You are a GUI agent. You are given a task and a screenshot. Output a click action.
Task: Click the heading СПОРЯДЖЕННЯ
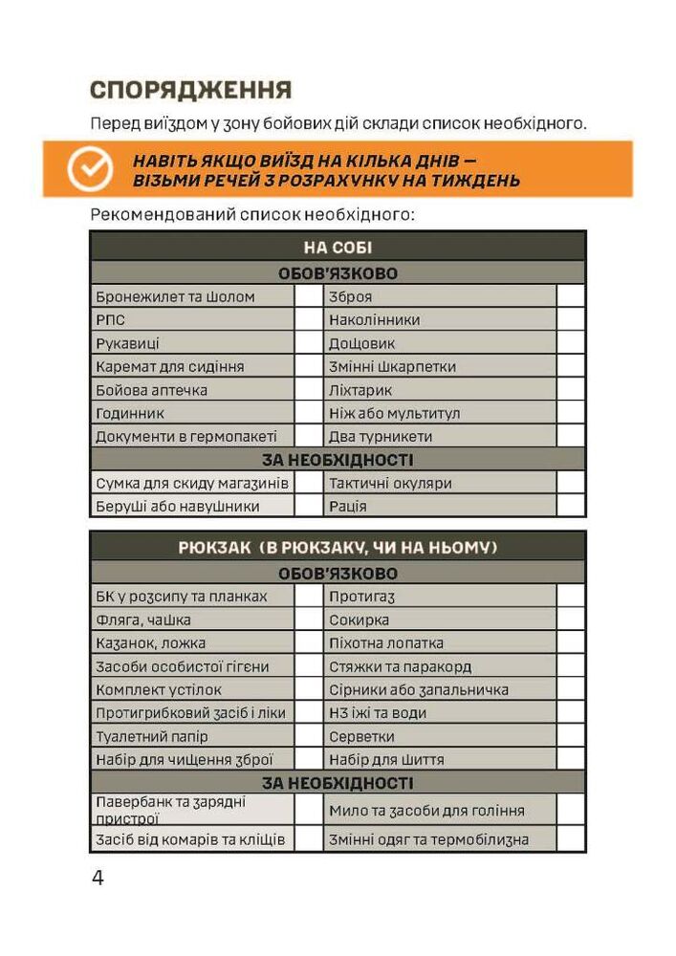point(189,91)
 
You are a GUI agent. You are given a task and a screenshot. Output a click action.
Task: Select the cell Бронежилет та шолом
point(191,296)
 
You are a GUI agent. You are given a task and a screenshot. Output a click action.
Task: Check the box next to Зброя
point(571,296)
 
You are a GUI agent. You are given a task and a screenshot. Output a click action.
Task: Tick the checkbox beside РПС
point(308,319)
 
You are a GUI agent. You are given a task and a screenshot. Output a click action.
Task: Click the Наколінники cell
point(440,319)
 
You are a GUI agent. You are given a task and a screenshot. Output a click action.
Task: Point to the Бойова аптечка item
point(191,390)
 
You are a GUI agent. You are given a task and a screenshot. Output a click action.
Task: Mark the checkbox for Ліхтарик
point(571,390)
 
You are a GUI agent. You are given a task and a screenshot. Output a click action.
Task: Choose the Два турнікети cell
point(440,436)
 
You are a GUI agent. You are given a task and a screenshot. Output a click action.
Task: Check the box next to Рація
point(571,506)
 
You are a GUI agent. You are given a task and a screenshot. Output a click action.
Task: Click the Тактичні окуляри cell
point(440,483)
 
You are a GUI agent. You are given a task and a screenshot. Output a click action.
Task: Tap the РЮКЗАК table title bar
point(338,548)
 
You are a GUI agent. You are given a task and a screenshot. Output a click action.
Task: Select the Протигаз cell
point(440,597)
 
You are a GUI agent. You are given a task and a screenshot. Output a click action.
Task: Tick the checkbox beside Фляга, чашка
point(308,619)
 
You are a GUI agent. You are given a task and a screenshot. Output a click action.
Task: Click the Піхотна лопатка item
point(440,643)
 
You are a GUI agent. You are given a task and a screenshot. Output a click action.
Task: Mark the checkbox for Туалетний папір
point(308,736)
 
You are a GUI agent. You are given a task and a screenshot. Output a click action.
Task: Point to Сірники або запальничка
point(440,689)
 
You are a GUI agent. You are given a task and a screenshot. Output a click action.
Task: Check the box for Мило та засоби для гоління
point(571,810)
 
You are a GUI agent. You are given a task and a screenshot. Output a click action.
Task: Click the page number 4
point(98,879)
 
